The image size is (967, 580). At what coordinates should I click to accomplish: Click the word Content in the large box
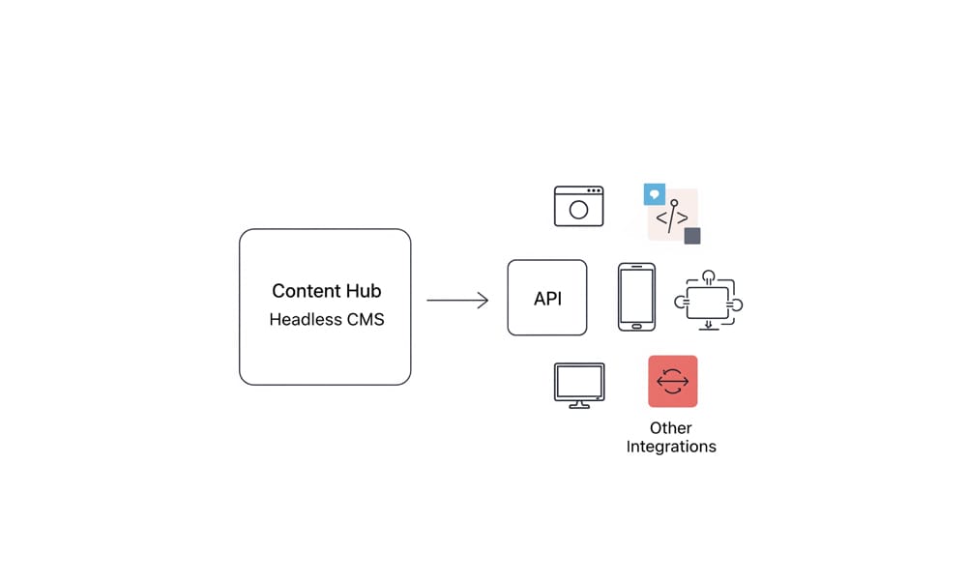pos(304,291)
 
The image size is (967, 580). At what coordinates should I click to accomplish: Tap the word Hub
pos(363,291)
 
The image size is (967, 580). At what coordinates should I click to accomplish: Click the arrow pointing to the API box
pos(457,301)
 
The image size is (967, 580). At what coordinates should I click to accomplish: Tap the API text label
pos(547,299)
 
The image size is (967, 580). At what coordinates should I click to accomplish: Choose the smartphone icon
pos(636,297)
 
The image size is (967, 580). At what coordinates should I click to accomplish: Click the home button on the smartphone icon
pos(636,326)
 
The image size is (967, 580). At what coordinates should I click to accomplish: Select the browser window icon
pos(578,206)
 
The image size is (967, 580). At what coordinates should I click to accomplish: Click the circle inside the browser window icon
pos(578,210)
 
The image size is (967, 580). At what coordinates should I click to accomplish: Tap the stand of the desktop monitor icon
pos(579,403)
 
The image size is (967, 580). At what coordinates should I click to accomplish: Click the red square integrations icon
pos(672,381)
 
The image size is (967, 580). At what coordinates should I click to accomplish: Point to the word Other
pos(671,427)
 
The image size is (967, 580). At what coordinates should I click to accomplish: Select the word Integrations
pos(671,447)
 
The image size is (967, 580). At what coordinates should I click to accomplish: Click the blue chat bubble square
pos(655,194)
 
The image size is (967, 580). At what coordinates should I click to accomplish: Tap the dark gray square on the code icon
pos(692,236)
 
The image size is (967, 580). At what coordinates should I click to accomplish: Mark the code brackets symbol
pos(672,218)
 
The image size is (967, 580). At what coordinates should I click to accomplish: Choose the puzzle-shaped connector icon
pos(710,303)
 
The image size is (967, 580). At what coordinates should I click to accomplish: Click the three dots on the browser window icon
pos(594,190)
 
